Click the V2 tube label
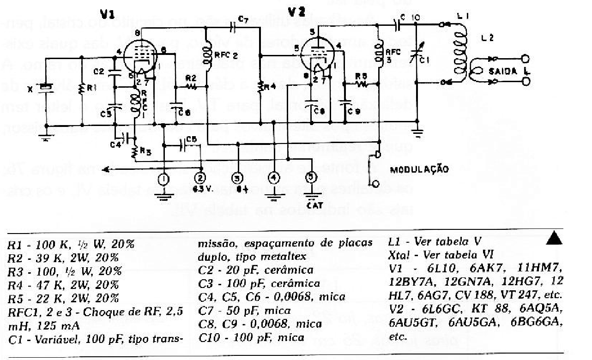pos(296,13)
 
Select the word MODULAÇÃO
pos(419,169)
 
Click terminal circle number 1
pos(162,179)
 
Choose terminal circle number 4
pos(274,178)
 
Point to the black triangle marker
pos(554,238)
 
